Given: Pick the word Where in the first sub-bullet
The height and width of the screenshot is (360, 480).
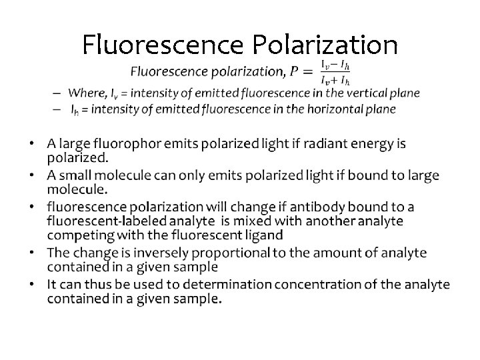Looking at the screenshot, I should coord(83,93).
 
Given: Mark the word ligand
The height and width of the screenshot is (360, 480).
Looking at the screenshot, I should coord(263,234).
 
